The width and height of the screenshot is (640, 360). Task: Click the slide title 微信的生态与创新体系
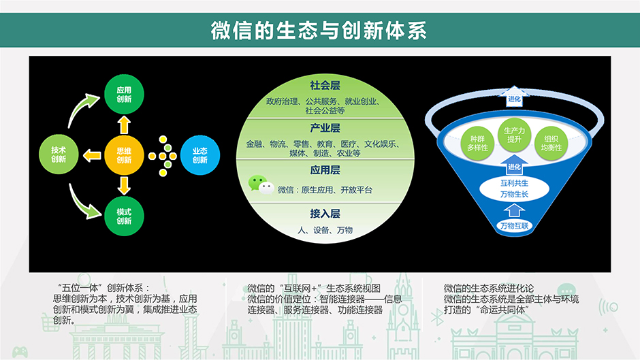(x=319, y=31)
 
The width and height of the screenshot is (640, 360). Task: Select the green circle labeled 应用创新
(x=124, y=95)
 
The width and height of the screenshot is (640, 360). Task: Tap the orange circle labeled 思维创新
(x=124, y=155)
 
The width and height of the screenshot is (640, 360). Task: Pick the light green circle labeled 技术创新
(x=59, y=154)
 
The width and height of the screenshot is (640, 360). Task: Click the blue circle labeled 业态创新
(x=200, y=155)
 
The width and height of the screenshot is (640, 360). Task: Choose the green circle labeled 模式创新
(x=124, y=216)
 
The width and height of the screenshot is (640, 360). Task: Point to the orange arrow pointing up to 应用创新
(x=124, y=125)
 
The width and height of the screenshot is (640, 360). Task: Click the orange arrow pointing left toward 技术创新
(x=92, y=155)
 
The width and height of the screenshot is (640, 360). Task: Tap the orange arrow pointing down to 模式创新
(x=124, y=185)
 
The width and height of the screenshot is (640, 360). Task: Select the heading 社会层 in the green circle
(x=325, y=85)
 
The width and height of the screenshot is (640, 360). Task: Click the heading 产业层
(x=325, y=128)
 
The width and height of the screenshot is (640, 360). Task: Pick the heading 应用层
(x=325, y=170)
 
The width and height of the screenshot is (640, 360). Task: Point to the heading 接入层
(x=325, y=214)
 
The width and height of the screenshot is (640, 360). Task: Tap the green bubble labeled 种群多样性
(x=477, y=144)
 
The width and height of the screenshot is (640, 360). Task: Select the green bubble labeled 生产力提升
(x=514, y=135)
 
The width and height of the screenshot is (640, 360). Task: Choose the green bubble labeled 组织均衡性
(x=551, y=144)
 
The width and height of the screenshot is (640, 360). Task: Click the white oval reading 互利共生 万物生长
(x=514, y=189)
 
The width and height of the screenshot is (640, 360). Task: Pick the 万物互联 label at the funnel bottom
(x=514, y=226)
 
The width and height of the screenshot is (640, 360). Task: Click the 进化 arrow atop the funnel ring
(x=514, y=97)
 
